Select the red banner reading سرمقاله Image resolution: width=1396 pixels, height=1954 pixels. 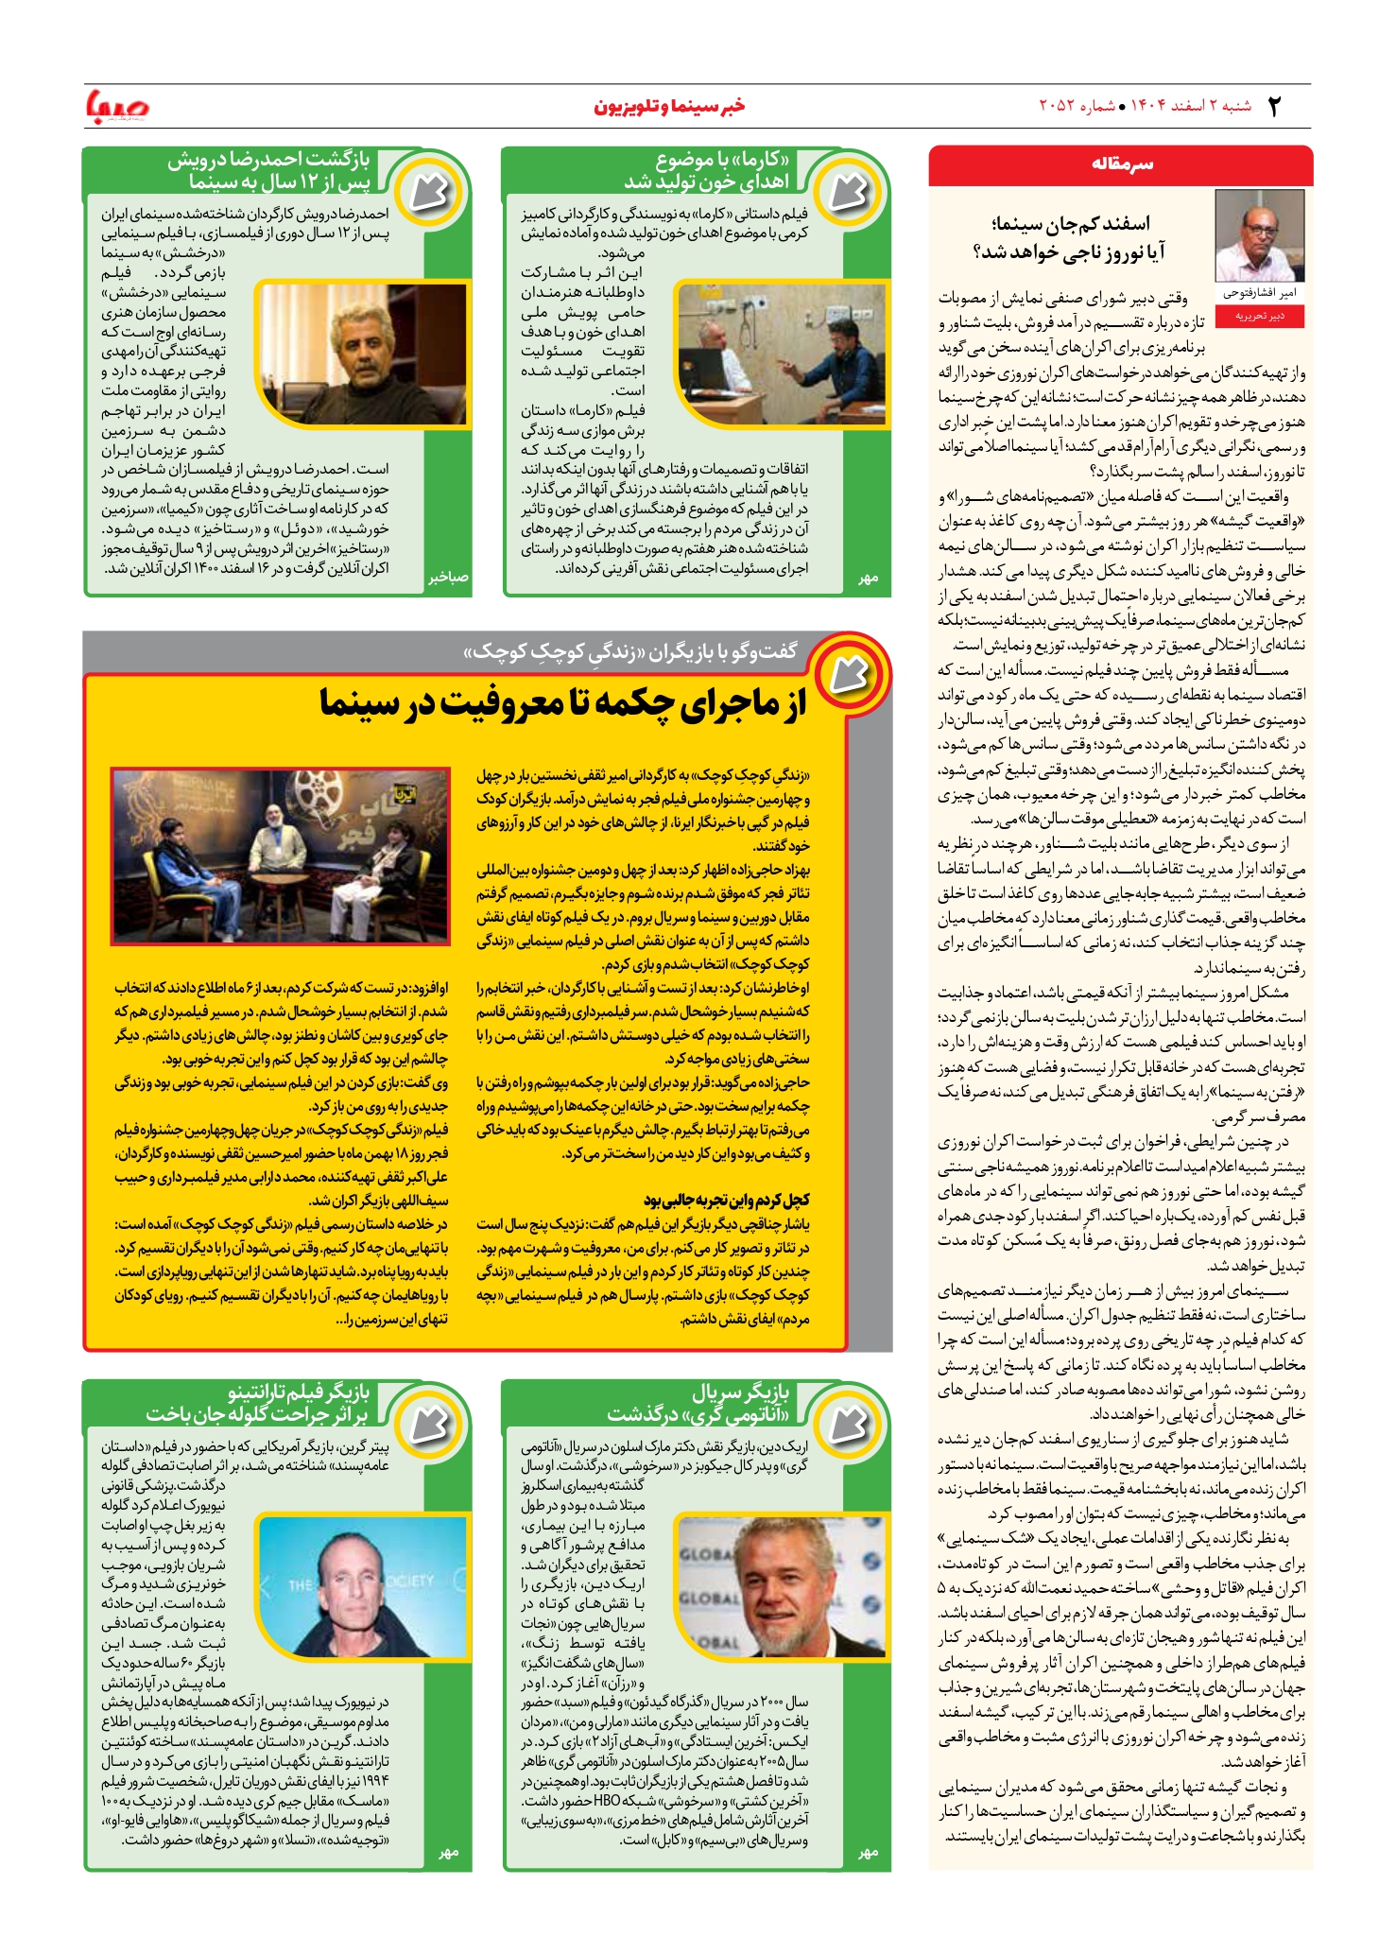1121,164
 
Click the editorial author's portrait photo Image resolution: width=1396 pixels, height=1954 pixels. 1259,235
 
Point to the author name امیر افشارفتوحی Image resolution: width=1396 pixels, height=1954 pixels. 1259,293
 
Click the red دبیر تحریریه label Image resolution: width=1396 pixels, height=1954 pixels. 1259,317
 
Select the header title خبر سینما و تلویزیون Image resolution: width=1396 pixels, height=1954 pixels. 669,106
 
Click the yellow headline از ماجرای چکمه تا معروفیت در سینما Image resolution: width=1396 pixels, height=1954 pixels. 563,703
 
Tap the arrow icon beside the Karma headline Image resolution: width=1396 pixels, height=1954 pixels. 848,193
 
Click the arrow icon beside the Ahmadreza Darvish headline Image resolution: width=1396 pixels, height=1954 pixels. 428,193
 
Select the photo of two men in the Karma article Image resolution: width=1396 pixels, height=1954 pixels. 782,354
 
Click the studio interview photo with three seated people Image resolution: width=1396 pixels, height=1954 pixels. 280,856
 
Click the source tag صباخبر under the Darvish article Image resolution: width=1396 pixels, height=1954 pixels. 448,578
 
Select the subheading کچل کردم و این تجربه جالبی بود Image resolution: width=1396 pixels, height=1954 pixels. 726,1200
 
